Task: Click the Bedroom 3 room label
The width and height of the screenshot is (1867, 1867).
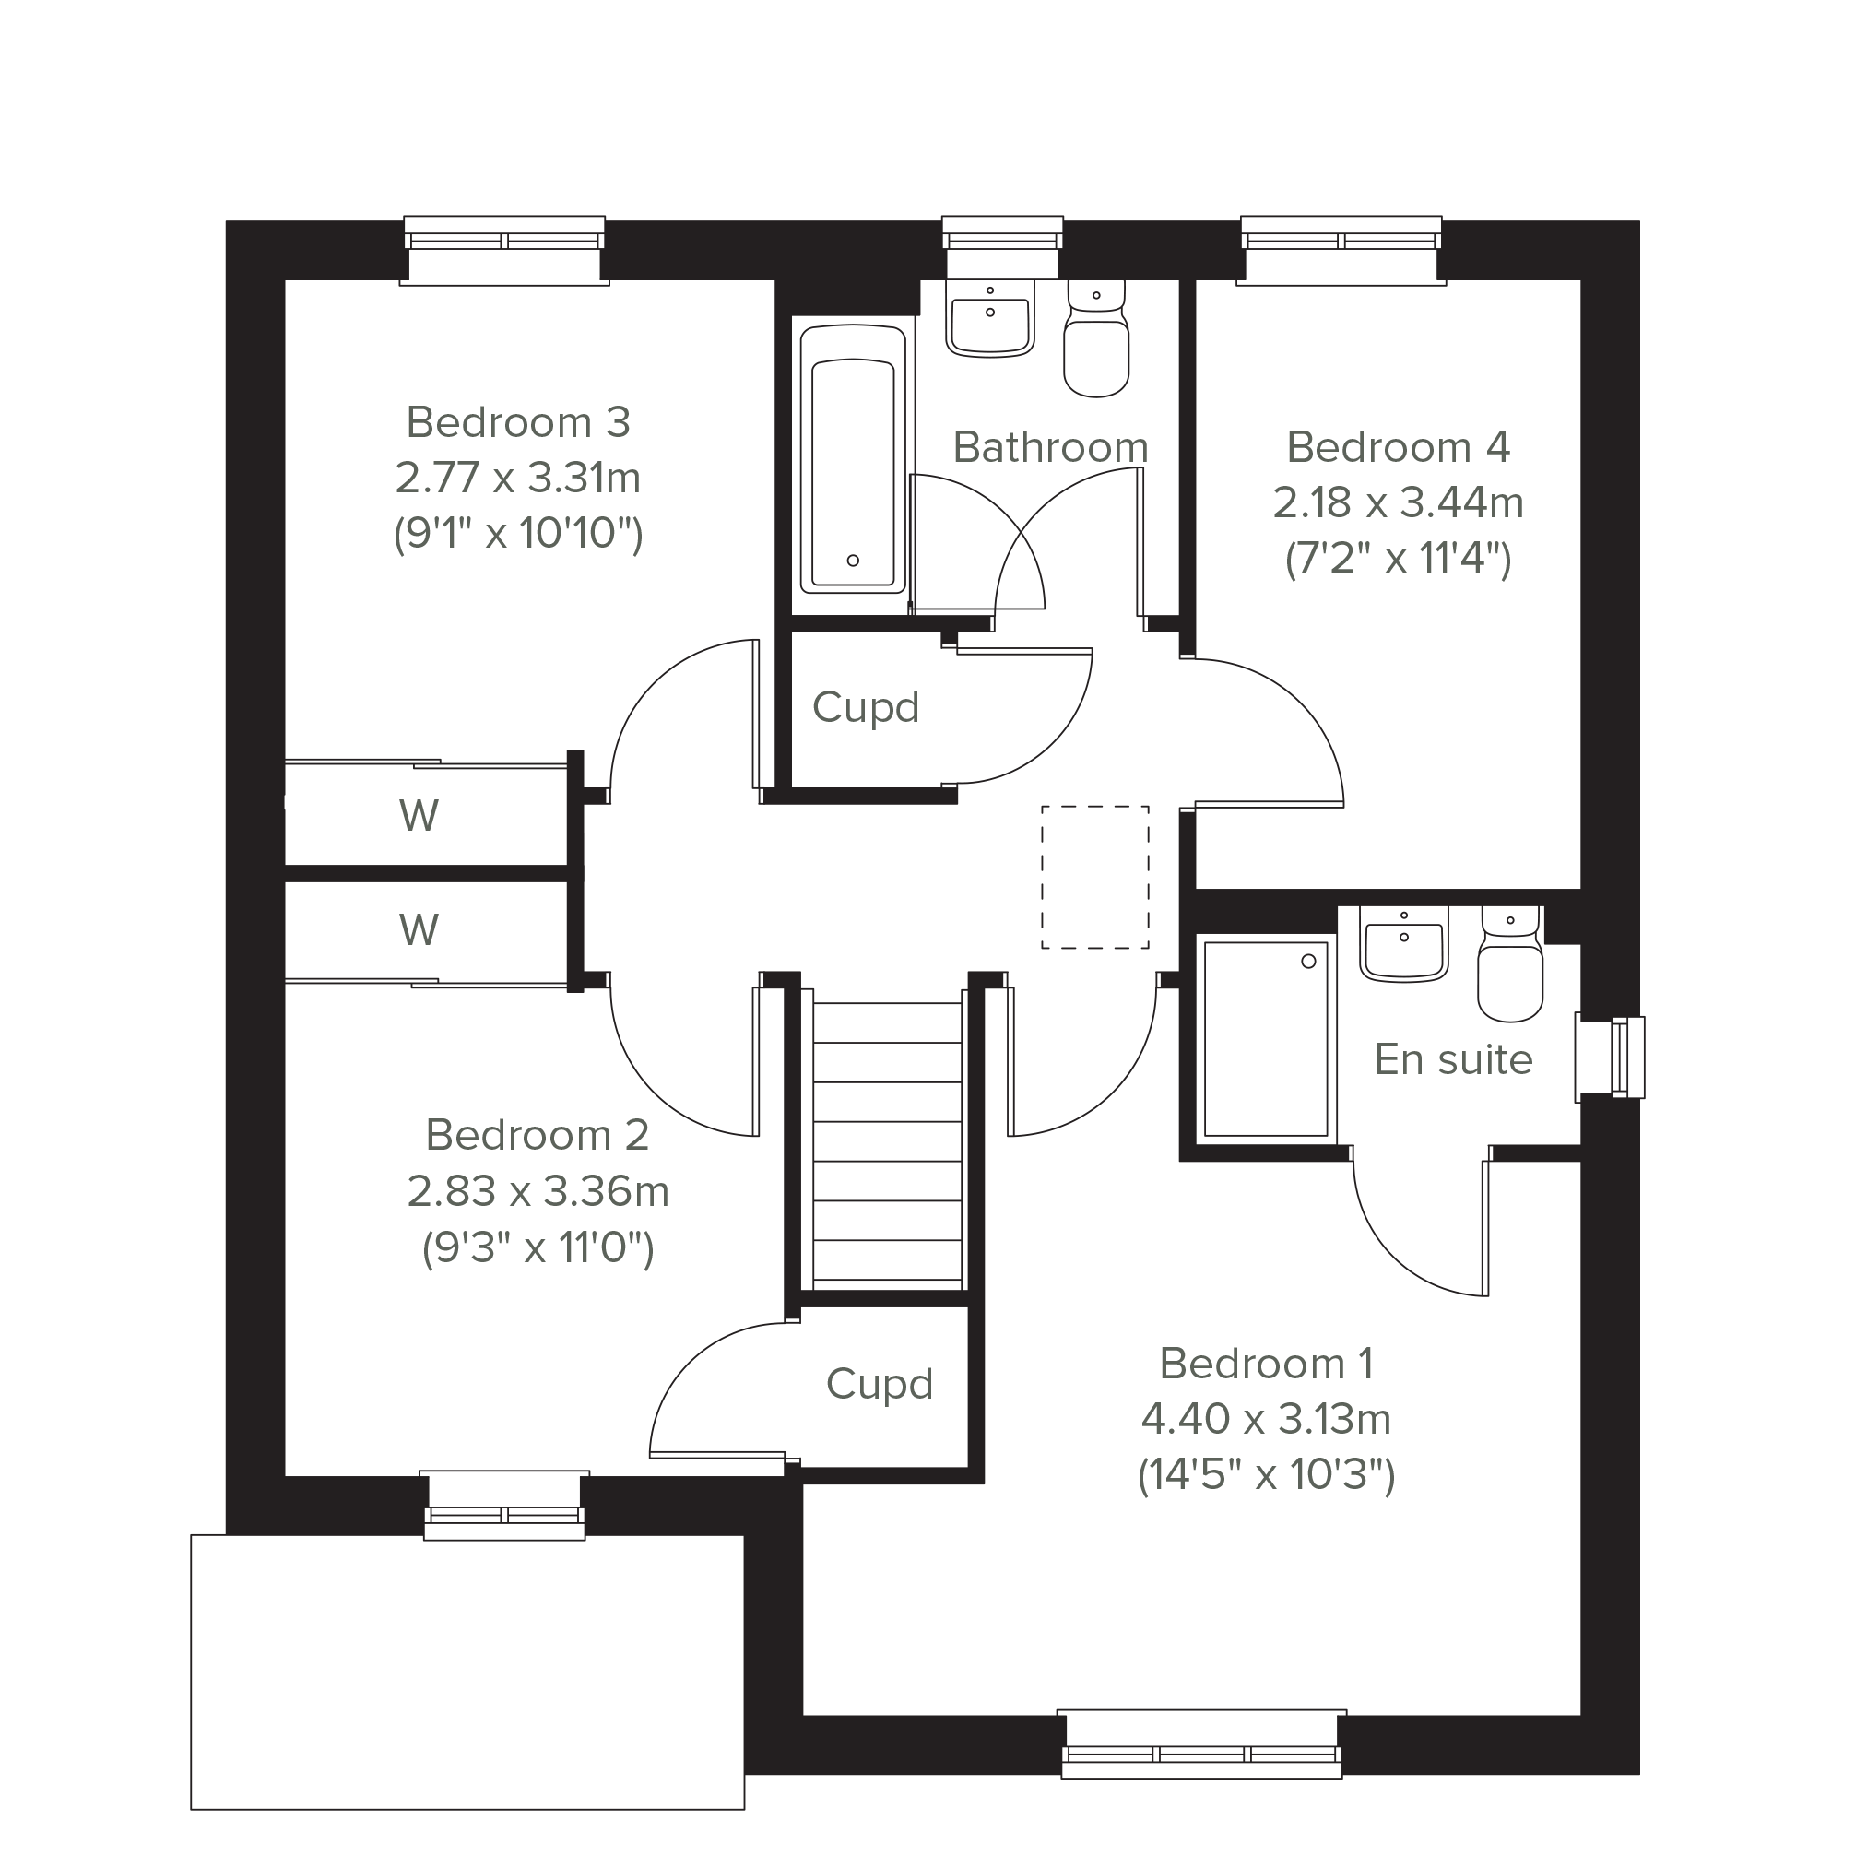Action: click(x=518, y=422)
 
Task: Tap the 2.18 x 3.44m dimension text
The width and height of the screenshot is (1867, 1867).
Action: click(x=1398, y=502)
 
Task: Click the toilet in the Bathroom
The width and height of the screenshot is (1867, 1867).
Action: click(x=1096, y=338)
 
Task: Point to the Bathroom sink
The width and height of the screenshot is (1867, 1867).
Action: click(x=989, y=319)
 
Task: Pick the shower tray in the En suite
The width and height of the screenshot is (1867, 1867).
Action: click(x=1266, y=1039)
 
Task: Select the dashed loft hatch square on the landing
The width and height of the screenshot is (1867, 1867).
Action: click(x=1095, y=878)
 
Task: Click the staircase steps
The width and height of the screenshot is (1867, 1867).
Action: click(x=887, y=1144)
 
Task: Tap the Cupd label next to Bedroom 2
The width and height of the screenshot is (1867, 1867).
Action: click(x=880, y=1385)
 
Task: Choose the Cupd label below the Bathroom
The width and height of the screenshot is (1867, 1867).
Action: click(x=865, y=707)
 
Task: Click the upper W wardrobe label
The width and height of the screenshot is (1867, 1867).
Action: click(x=419, y=816)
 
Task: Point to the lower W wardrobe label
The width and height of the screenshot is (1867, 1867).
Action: click(x=419, y=929)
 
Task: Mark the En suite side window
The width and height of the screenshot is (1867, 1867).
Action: click(x=1610, y=1058)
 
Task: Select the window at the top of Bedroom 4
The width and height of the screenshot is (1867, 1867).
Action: click(x=1341, y=250)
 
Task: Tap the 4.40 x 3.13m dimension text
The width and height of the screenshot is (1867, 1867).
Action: click(x=1266, y=1420)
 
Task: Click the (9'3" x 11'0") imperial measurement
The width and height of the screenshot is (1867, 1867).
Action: click(x=538, y=1247)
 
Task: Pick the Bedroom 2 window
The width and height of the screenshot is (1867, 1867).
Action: click(x=503, y=1507)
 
